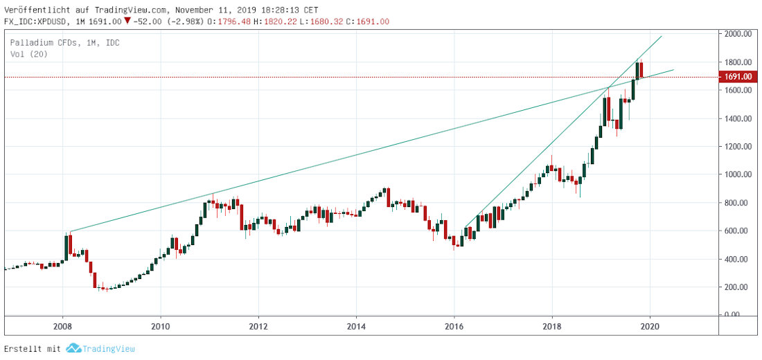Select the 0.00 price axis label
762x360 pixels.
point(735,315)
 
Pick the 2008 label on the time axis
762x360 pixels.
point(63,326)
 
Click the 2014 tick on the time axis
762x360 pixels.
point(356,326)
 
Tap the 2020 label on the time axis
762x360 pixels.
point(650,326)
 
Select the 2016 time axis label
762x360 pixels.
point(454,326)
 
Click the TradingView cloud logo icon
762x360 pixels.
point(73,349)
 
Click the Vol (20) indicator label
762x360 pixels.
point(28,54)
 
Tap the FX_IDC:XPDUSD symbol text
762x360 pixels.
point(39,21)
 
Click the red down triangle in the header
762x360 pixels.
point(127,21)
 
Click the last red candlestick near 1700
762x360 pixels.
point(641,70)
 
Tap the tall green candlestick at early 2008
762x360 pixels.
point(66,247)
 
